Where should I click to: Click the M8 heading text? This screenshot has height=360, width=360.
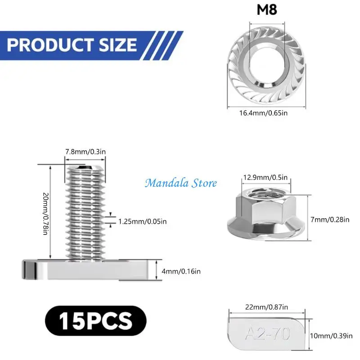[x=267, y=9]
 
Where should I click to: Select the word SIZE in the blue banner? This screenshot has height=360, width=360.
[x=118, y=45]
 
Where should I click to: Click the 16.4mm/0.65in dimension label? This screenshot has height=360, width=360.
[x=263, y=113]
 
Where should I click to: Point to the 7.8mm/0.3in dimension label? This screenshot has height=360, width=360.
[x=85, y=152]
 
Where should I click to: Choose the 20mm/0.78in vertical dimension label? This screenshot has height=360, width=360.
[x=46, y=213]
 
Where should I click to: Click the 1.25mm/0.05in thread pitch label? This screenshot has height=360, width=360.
[x=142, y=221]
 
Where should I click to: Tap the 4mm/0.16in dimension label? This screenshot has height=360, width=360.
[x=181, y=271]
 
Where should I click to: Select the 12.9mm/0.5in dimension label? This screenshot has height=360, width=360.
[x=265, y=177]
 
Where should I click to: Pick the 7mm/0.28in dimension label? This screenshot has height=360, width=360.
[x=330, y=220]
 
